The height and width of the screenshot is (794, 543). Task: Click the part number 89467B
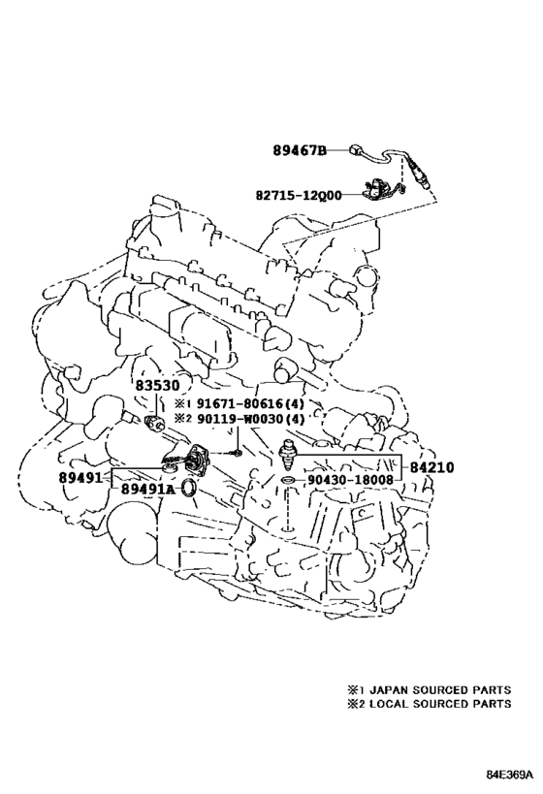click(x=300, y=150)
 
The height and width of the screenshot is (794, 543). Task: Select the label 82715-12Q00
click(x=299, y=195)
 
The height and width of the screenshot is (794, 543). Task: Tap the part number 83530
click(x=157, y=386)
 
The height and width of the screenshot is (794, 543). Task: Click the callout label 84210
click(x=431, y=467)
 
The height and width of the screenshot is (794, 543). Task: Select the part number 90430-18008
click(x=349, y=480)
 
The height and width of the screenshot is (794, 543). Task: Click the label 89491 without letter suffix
click(x=80, y=477)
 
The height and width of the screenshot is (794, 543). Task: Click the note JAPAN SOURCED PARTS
click(x=440, y=689)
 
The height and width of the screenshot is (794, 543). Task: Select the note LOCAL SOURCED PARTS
click(x=440, y=704)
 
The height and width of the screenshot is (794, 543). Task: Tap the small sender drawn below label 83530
click(x=153, y=423)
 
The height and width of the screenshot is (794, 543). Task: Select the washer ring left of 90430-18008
click(x=288, y=480)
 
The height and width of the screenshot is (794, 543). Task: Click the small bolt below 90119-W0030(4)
click(x=236, y=452)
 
